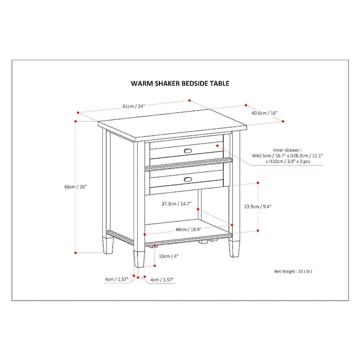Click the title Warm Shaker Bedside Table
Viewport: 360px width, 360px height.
(x=180, y=83)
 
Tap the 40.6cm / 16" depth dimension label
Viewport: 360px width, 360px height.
(x=264, y=113)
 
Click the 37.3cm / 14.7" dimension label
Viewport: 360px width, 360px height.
(x=176, y=204)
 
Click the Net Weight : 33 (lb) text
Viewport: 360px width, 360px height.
(x=293, y=272)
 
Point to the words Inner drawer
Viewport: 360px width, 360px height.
(x=287, y=149)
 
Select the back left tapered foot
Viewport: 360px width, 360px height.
(x=108, y=247)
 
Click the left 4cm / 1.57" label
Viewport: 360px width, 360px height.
(x=117, y=279)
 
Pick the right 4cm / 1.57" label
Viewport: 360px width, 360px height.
(x=162, y=279)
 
